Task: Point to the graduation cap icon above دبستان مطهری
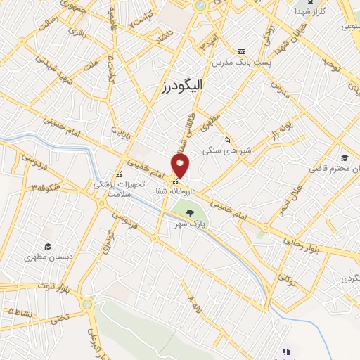coord(48,246)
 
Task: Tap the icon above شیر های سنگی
coord(226,139)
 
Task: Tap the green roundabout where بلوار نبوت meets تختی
coord(87,304)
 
